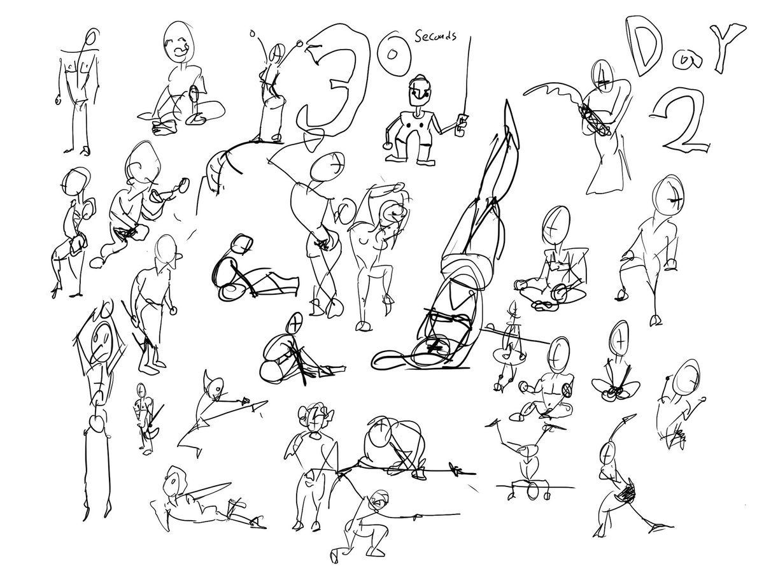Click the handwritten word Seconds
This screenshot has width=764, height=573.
pos(435,35)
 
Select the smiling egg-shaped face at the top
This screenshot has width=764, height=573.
pos(178,43)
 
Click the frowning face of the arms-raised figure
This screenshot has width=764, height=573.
pos(102,342)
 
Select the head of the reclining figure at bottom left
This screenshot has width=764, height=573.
pos(173,481)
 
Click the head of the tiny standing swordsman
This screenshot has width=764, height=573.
pos(141,390)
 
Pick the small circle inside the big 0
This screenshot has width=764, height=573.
pos(392,54)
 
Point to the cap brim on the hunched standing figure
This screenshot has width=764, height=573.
pos(177,257)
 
